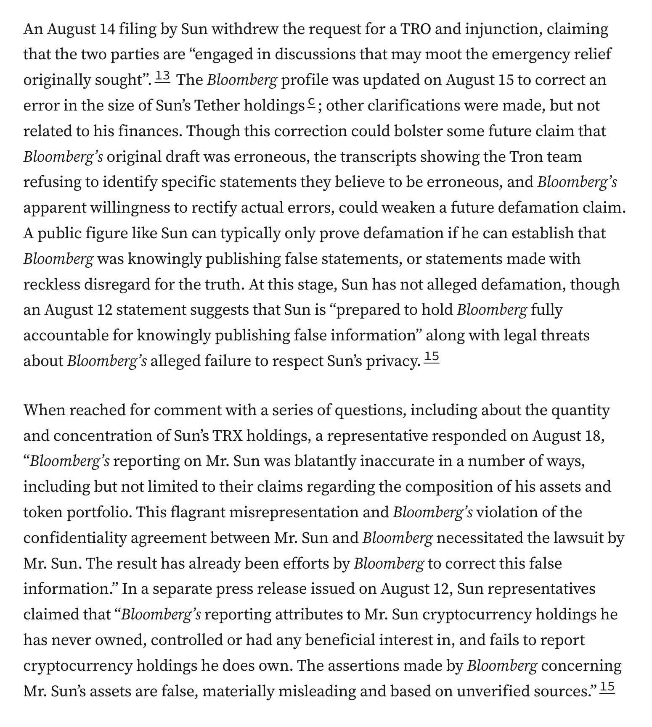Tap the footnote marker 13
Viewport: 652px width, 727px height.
coord(162,76)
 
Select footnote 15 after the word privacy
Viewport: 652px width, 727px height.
coord(432,357)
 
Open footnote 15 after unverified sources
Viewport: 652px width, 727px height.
coord(607,687)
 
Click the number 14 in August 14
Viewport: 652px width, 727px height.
coord(106,29)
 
